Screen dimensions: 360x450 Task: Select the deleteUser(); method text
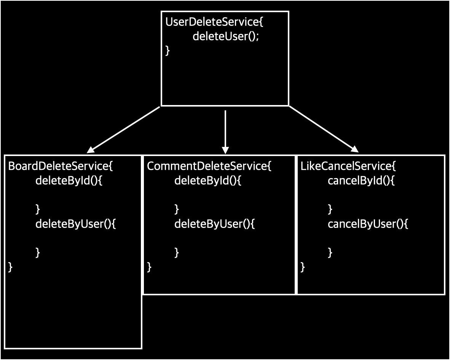(225, 37)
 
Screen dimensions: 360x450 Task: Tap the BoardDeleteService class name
(61, 166)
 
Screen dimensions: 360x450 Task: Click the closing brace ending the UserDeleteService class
(168, 51)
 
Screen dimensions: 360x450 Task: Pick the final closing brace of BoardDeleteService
(10, 267)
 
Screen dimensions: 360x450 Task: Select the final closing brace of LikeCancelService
(303, 267)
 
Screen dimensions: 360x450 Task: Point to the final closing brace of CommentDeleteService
(149, 267)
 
